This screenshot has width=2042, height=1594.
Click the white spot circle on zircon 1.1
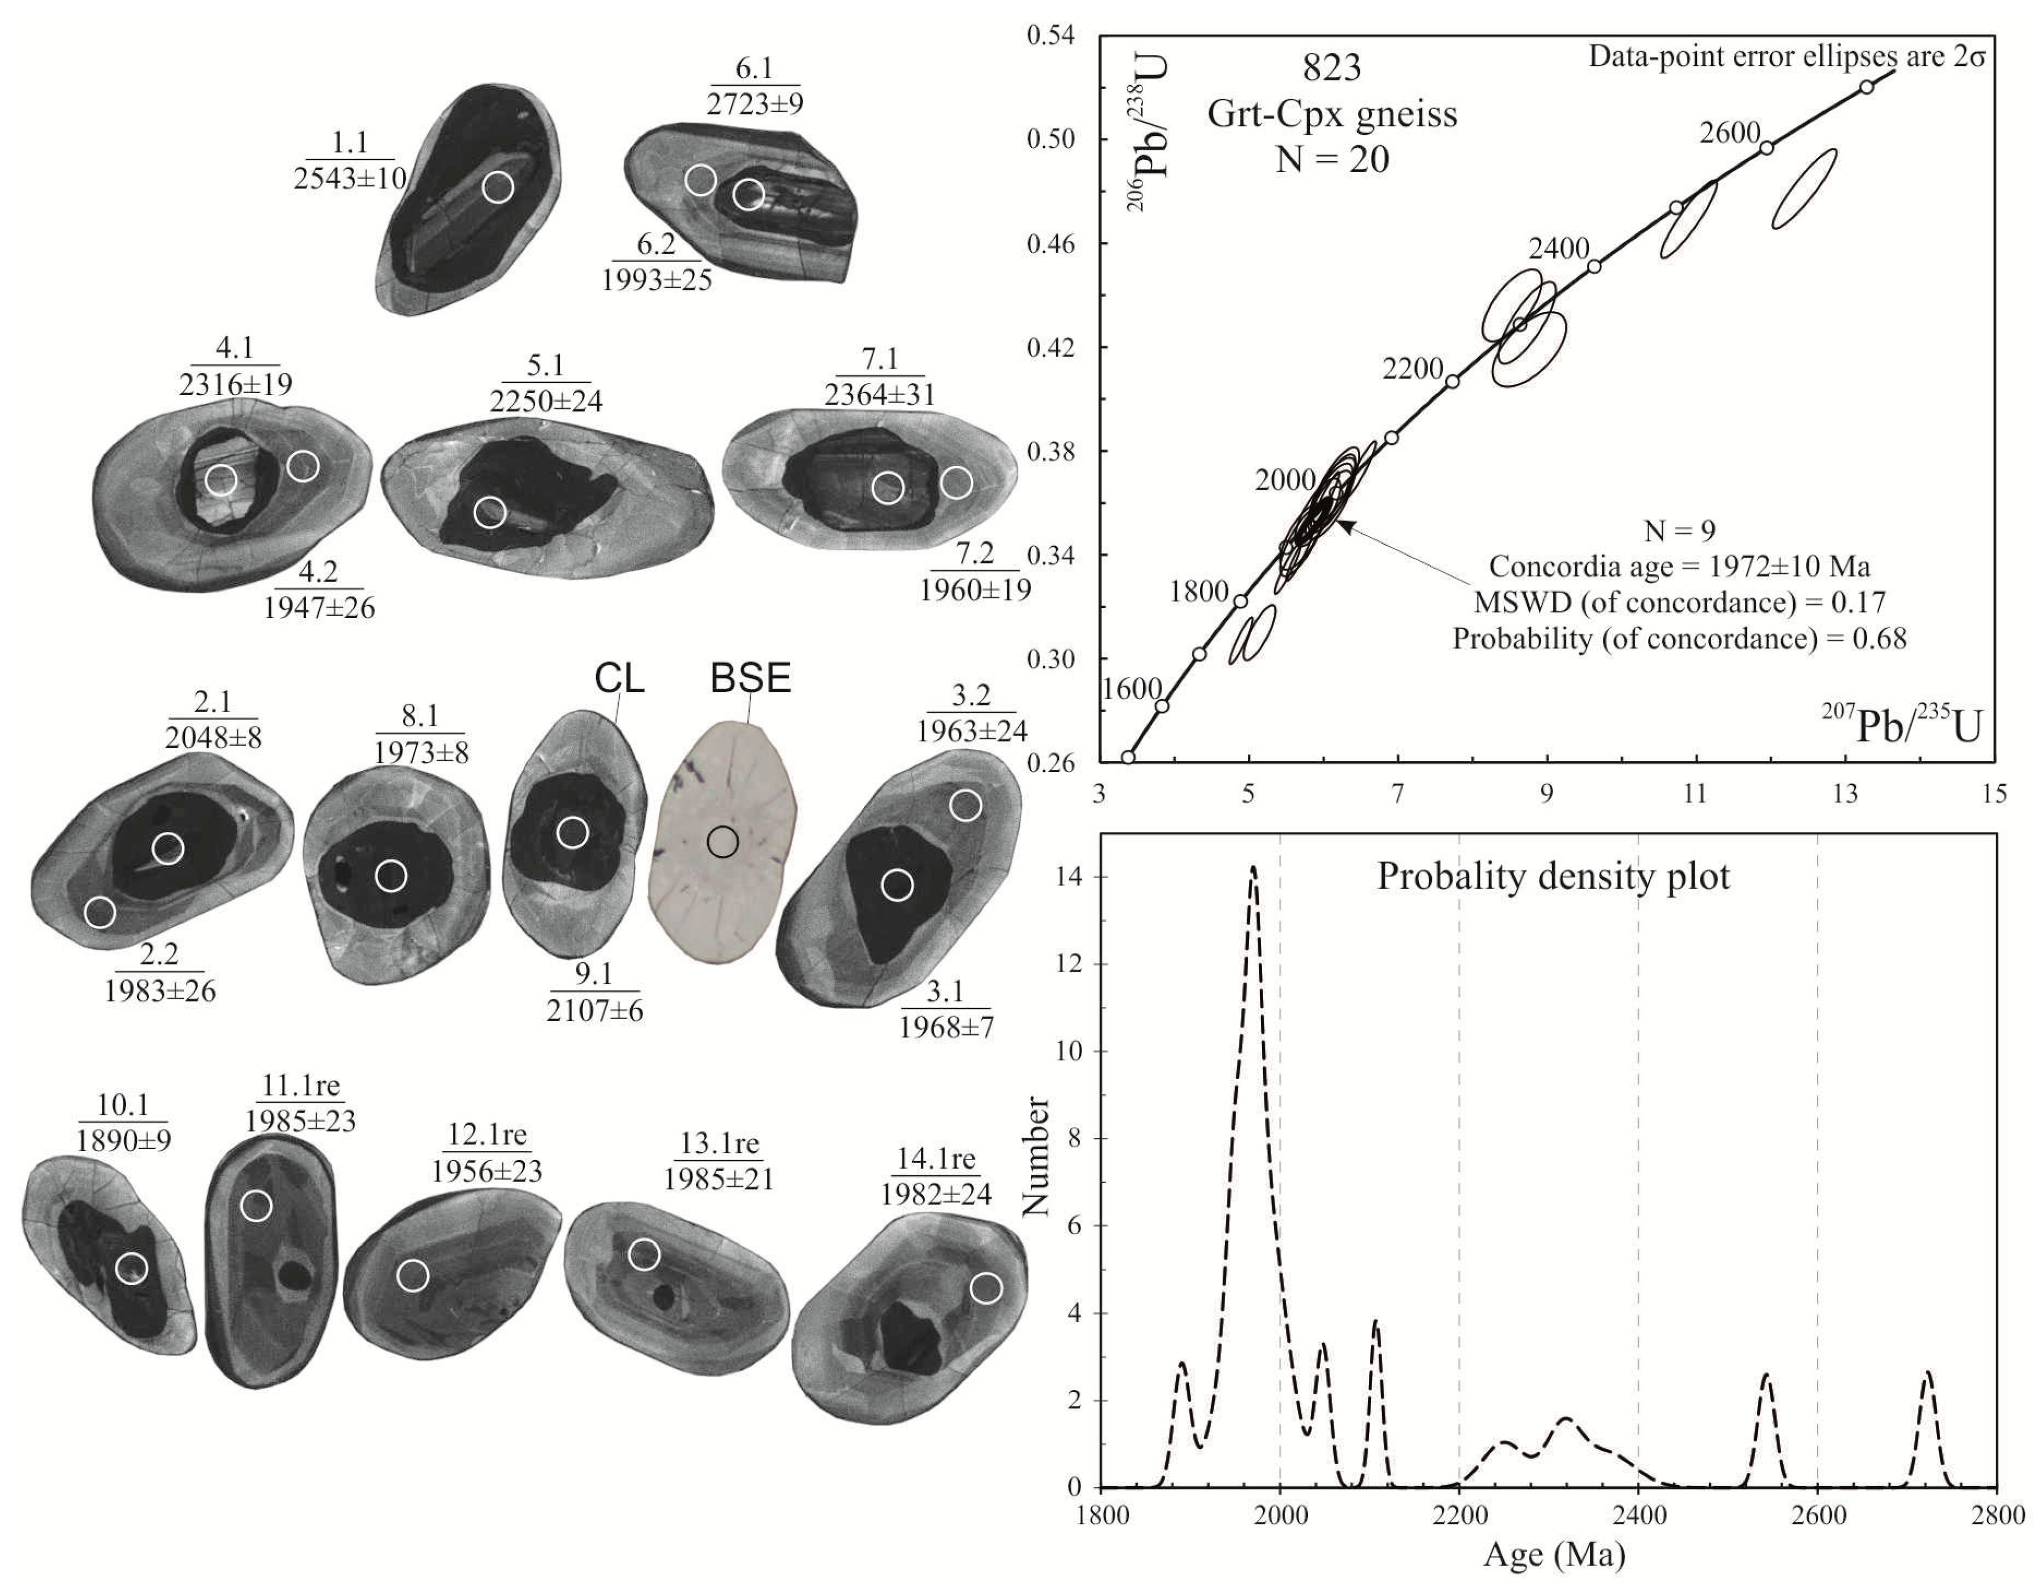tap(498, 187)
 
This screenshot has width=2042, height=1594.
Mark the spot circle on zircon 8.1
tap(392, 876)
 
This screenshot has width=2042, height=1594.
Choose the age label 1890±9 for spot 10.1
tap(123, 1141)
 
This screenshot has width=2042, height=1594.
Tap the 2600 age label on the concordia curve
tap(1730, 133)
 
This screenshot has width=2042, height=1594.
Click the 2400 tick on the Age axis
tap(1638, 1515)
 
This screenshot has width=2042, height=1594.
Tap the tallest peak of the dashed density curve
tap(1253, 868)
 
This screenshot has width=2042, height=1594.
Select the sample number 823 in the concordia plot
tap(1333, 68)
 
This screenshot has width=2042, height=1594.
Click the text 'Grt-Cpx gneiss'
tap(1333, 114)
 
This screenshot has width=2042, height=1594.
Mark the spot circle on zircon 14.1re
tap(986, 1288)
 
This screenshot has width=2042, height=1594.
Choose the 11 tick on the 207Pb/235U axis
tap(1696, 794)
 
